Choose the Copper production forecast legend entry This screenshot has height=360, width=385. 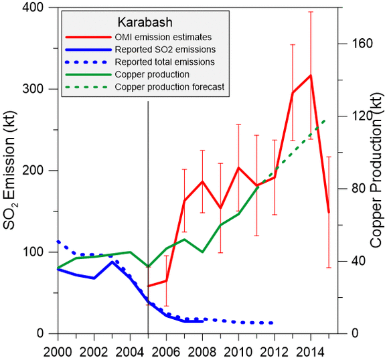click(x=169, y=88)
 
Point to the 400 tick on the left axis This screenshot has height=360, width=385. click(x=40, y=7)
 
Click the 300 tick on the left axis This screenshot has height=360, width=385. click(x=40, y=89)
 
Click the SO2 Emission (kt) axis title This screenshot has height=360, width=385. click(x=13, y=171)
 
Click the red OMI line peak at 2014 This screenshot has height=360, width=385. click(x=310, y=76)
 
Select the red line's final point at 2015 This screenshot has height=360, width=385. click(x=328, y=212)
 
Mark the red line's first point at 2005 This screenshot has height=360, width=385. click(x=148, y=286)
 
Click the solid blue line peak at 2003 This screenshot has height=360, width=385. click(x=112, y=262)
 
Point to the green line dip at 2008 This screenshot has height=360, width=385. click(x=202, y=252)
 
